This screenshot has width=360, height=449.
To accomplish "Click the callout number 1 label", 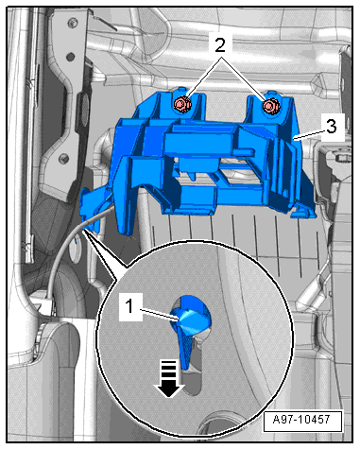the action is tap(129, 306).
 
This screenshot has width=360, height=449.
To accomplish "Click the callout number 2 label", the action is tap(220, 45).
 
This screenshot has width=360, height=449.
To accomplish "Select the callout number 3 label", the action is tap(331, 127).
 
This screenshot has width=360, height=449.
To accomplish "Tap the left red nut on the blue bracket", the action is tap(181, 104).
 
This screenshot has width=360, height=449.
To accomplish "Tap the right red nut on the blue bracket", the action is tap(270, 106).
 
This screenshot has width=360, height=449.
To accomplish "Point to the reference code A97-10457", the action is tap(301, 420).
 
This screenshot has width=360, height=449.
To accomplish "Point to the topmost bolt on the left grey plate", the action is tap(74, 23).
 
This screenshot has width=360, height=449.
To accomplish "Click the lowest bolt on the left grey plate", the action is tap(64, 158).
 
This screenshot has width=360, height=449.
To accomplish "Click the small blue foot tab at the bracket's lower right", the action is tap(302, 213).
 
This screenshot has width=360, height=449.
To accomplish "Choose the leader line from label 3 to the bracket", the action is tap(308, 133).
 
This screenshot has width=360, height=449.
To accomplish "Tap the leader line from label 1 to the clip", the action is tap(160, 315).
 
